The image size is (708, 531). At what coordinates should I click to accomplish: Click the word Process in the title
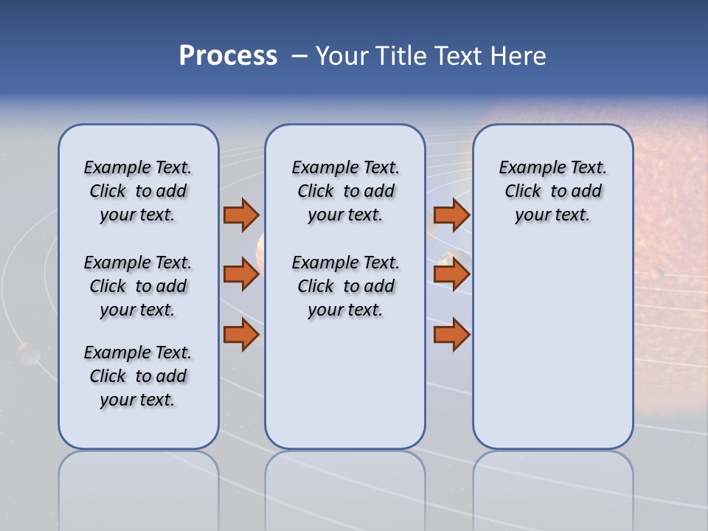click(228, 56)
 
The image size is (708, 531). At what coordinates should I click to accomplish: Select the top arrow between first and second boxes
click(240, 215)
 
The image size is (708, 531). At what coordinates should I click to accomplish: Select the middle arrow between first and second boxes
click(240, 274)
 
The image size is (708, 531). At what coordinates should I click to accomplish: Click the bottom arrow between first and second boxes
click(240, 334)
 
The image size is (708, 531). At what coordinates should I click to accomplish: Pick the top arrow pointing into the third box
click(451, 215)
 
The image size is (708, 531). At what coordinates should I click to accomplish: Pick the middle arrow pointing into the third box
click(451, 274)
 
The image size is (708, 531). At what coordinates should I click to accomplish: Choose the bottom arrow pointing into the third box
click(451, 334)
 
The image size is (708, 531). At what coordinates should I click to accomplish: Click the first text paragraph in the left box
click(138, 191)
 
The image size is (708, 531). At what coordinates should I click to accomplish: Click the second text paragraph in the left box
click(138, 286)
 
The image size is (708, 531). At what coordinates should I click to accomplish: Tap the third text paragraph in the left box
click(138, 376)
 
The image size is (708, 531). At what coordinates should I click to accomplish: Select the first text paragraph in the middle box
click(345, 191)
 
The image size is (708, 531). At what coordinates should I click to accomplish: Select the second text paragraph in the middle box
click(345, 286)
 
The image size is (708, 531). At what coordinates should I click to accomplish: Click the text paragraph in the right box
click(552, 191)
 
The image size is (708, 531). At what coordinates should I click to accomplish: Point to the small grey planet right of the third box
click(656, 274)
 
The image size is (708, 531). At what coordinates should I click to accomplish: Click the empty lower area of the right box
click(552, 354)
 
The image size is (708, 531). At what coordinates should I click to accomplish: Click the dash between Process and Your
click(299, 57)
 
